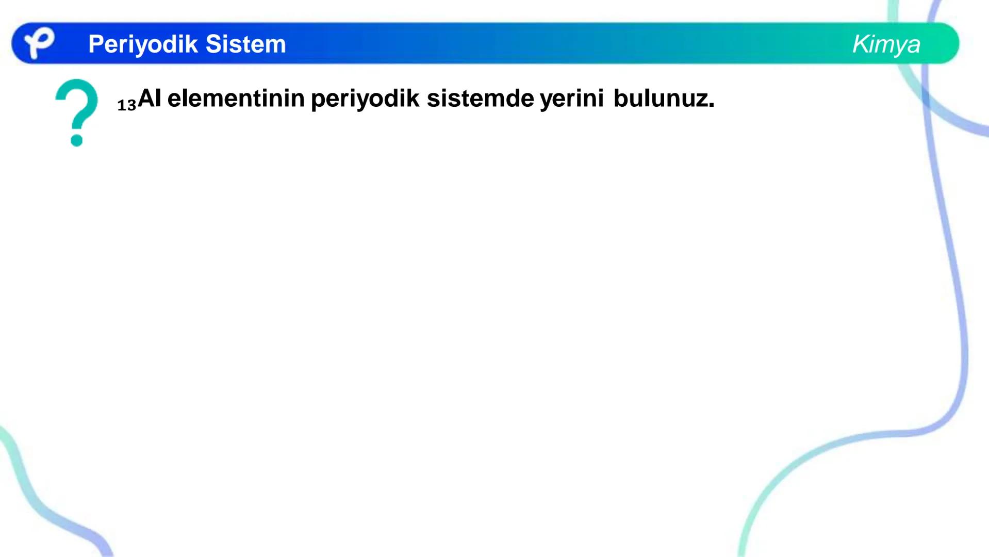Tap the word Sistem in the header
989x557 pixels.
[245, 44]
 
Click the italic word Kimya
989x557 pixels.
[886, 44]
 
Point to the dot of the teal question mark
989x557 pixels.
[77, 140]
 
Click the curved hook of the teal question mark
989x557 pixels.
[77, 101]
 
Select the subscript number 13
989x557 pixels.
[126, 105]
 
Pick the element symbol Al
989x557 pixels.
[150, 98]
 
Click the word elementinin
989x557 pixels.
[236, 98]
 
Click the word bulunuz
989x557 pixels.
[661, 98]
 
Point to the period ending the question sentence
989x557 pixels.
[712, 106]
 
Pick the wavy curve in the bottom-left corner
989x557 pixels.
[36, 495]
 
